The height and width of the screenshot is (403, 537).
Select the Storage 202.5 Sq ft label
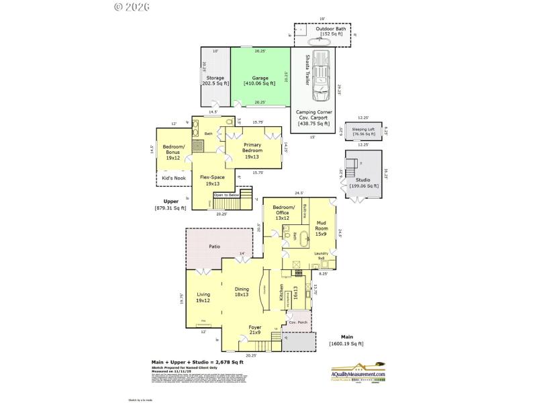215,81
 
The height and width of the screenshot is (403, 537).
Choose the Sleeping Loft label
363,132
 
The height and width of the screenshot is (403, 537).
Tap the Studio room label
363,181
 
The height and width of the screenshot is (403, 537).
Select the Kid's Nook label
174,179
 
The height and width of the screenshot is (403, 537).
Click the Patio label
214,247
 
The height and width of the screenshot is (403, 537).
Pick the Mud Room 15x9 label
322,229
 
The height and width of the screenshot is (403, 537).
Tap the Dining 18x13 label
242,292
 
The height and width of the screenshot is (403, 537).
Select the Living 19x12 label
203,297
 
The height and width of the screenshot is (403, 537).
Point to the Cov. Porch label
297,322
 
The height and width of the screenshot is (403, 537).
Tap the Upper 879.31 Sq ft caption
171,204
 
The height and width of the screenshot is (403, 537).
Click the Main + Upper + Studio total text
197,362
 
